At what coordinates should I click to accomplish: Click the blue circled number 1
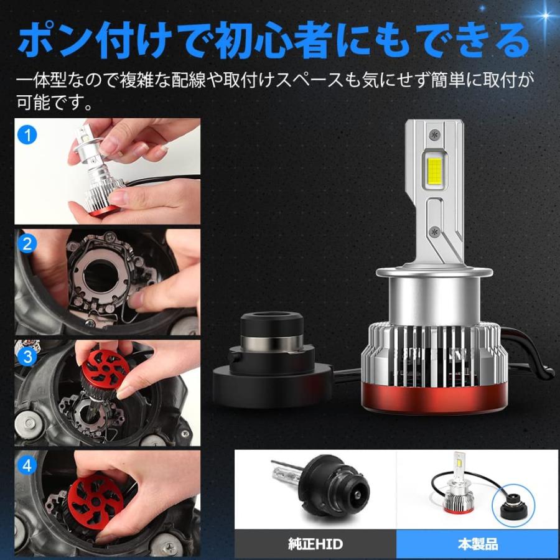click(x=27, y=134)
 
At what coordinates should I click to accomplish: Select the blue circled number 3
click(x=27, y=357)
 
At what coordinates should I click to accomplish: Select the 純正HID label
click(x=315, y=544)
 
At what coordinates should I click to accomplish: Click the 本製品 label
click(x=477, y=544)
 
